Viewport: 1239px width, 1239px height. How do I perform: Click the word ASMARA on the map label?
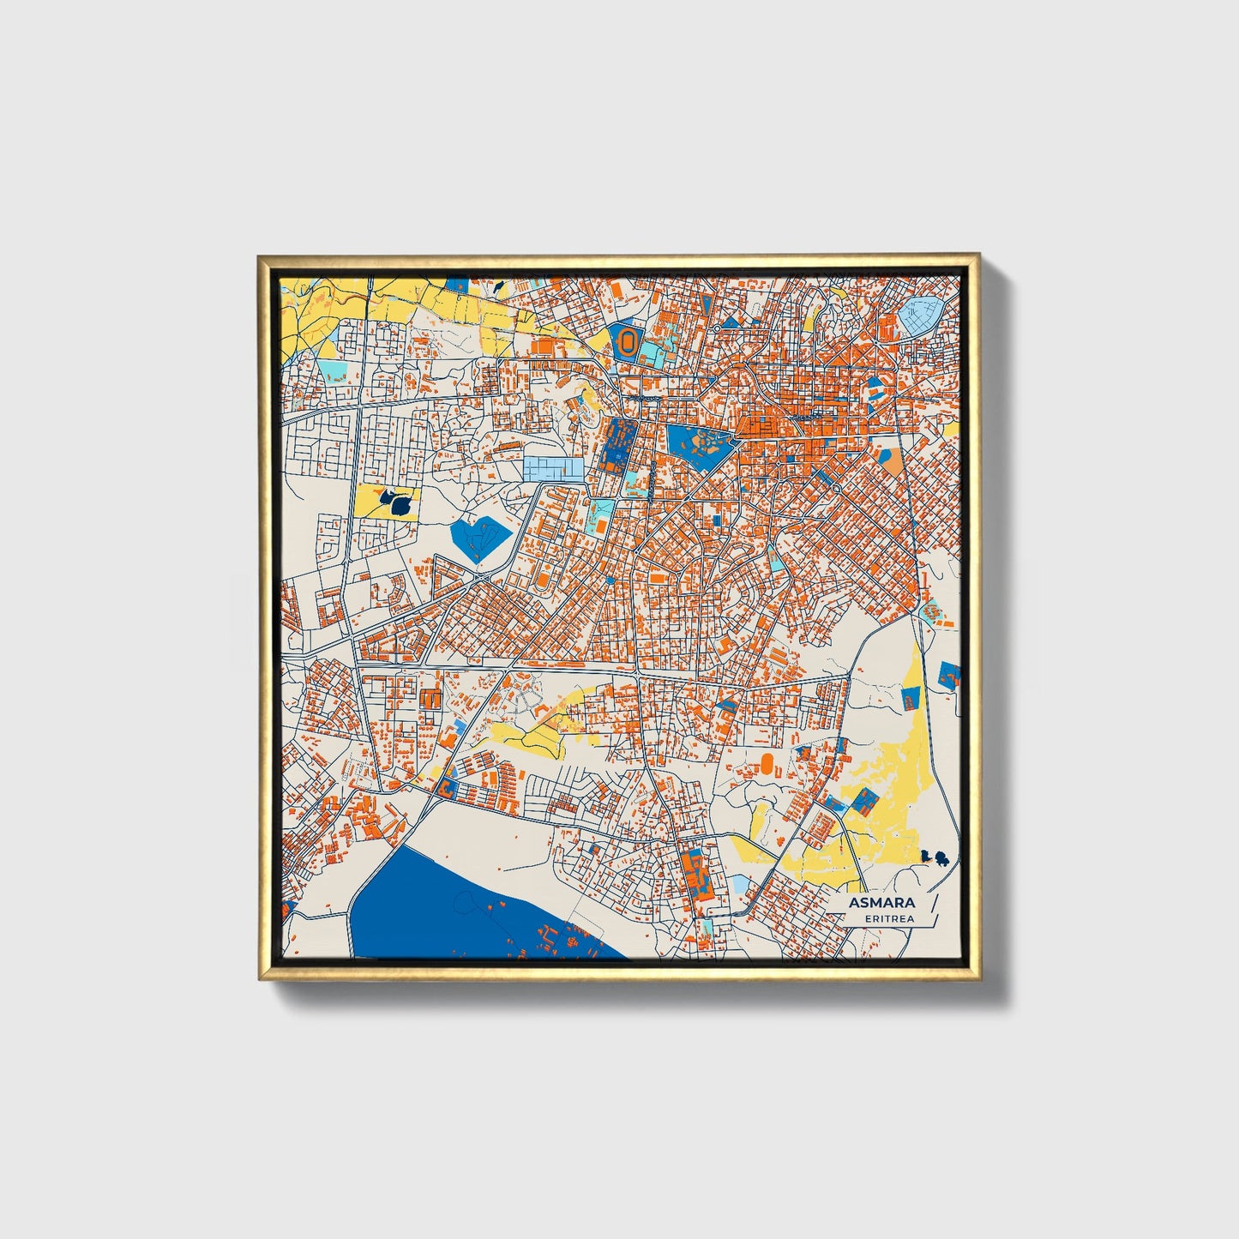(881, 903)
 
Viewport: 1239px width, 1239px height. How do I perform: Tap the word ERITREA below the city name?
(889, 918)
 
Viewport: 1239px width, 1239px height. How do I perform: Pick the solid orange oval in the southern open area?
(767, 761)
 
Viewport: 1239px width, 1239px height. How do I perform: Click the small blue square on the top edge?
(458, 284)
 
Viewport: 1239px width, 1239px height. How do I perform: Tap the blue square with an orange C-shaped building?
(448, 789)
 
